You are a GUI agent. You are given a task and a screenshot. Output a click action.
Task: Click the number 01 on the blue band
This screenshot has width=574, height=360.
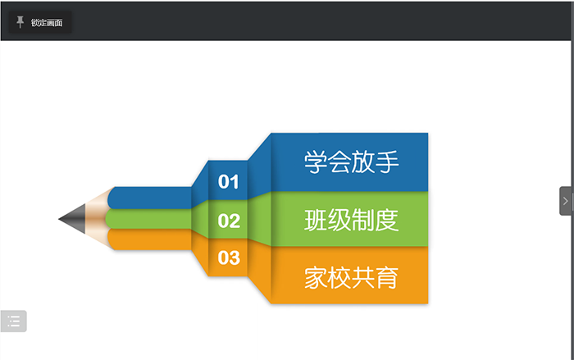[x=229, y=182]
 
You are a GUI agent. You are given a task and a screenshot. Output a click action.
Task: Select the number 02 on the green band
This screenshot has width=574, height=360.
[x=229, y=221]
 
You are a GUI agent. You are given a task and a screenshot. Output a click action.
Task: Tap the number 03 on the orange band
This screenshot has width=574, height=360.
[x=229, y=257]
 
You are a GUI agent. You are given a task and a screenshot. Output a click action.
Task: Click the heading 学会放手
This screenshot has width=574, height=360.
[x=352, y=162]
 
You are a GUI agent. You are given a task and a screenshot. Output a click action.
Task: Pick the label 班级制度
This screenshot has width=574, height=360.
[x=352, y=220]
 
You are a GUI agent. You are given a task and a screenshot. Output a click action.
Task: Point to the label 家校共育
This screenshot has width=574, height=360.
[x=352, y=278]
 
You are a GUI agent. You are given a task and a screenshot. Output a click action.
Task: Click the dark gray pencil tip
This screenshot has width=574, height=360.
[x=72, y=219]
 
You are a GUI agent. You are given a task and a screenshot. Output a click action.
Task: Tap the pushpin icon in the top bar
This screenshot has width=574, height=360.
[x=20, y=22]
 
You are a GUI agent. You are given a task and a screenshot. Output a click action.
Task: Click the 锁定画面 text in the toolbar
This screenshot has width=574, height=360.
[x=47, y=23]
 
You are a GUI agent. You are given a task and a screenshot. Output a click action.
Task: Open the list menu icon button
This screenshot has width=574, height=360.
[x=14, y=321]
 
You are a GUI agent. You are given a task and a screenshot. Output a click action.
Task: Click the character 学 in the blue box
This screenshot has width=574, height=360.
[x=316, y=162]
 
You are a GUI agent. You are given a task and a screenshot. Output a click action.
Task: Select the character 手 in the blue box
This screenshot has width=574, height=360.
[x=387, y=162]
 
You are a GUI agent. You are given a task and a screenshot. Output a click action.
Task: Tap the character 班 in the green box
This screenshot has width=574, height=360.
[x=316, y=220]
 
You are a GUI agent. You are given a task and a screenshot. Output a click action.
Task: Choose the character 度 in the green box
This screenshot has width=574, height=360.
[x=387, y=220]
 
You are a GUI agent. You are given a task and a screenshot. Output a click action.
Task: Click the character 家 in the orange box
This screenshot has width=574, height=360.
[x=316, y=278]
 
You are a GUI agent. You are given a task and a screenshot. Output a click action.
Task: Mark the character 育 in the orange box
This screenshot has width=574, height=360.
[x=387, y=278]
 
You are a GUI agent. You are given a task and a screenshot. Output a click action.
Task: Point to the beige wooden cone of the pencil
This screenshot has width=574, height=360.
[x=97, y=219]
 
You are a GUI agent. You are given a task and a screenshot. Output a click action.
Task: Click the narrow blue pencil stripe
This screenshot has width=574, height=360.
[x=150, y=198]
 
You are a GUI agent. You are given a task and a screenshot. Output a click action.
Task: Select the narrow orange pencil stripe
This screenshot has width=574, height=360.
[x=150, y=240]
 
